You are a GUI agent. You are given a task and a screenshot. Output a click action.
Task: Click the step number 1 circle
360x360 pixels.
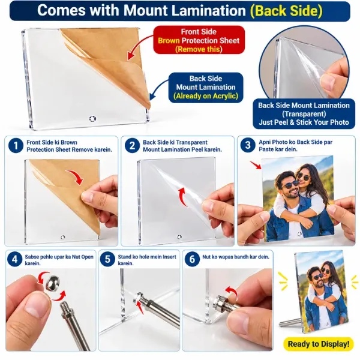[x=16, y=146]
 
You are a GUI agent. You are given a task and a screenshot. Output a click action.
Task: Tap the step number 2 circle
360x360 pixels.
[x=132, y=146]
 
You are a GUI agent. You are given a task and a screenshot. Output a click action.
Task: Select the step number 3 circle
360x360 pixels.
[x=248, y=145]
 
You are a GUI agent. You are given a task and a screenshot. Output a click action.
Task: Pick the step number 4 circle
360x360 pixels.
[x=14, y=259]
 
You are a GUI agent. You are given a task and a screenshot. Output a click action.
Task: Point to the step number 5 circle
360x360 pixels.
[x=107, y=259]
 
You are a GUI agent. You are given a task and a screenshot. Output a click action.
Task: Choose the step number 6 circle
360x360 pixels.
[x=192, y=259]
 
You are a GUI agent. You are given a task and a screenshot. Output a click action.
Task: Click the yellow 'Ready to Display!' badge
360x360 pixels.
[x=319, y=344]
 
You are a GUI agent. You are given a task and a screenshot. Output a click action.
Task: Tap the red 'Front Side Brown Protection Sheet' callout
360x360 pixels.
[x=199, y=40]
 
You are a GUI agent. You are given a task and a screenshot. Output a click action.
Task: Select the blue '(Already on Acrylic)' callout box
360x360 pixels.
[x=206, y=87]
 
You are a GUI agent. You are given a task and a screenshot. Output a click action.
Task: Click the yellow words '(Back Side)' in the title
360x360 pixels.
[x=286, y=11]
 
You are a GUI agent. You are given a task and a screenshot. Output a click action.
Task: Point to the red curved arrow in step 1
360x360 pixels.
[x=76, y=176]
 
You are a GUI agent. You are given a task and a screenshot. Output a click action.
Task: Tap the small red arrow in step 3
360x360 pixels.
[x=256, y=165]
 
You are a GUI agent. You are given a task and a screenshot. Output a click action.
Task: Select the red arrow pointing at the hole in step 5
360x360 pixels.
[x=140, y=307]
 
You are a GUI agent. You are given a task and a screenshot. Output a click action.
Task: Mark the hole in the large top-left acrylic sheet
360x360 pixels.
[x=92, y=118]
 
